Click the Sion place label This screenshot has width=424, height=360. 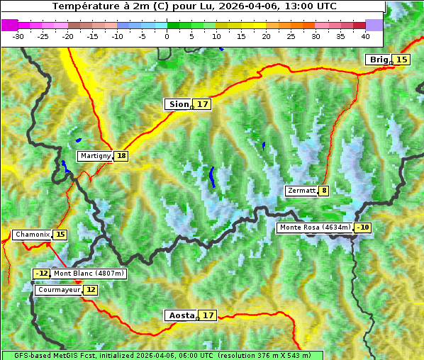(x=178, y=104)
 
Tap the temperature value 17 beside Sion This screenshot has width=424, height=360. (x=203, y=104)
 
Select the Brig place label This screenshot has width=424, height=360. (x=378, y=60)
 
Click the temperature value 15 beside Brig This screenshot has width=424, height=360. (x=401, y=60)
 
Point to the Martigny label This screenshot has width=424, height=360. (x=95, y=156)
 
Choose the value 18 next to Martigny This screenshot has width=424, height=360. (x=121, y=156)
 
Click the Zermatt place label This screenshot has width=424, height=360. (x=301, y=191)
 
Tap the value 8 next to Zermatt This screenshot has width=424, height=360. (x=324, y=191)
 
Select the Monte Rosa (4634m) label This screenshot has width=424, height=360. (x=315, y=227)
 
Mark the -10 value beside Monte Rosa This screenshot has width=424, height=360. (x=363, y=227)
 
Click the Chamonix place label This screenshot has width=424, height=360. (x=32, y=235)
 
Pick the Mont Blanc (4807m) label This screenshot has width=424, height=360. (x=89, y=274)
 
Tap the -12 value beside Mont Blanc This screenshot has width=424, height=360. (x=42, y=274)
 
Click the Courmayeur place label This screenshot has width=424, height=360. (x=58, y=290)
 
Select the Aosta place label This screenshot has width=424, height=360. (x=180, y=315)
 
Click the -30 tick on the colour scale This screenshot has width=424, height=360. (x=18, y=35)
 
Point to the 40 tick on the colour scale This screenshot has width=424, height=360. (x=365, y=35)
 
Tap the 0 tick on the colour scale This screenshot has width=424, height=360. (x=167, y=35)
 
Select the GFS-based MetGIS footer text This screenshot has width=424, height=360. (x=162, y=355)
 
